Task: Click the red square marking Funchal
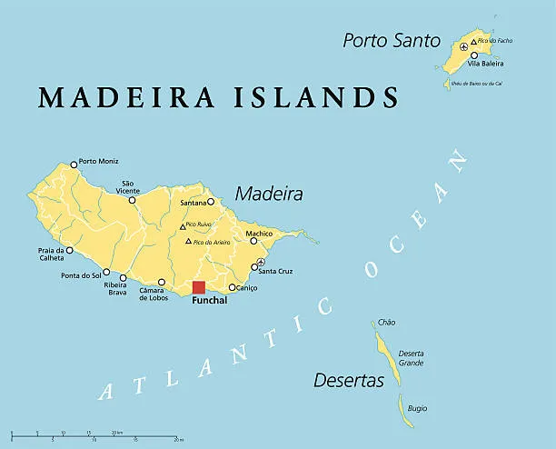(199, 288)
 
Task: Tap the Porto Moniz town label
(99, 162)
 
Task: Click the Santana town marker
(210, 202)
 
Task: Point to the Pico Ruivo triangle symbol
(183, 226)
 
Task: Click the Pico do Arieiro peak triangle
(189, 241)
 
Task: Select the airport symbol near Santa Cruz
(262, 263)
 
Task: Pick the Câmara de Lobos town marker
(162, 282)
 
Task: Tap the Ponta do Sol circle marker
(106, 272)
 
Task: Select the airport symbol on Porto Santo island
(464, 45)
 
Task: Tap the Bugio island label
(417, 408)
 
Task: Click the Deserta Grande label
(412, 358)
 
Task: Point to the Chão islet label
(386, 322)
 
